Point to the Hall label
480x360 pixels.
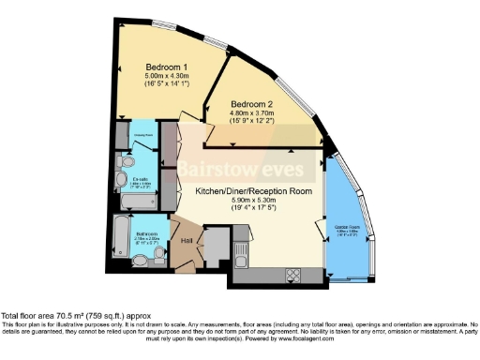pos(186,242)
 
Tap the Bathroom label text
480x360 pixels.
pos(145,234)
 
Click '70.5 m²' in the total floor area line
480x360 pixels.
pos(68,316)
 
